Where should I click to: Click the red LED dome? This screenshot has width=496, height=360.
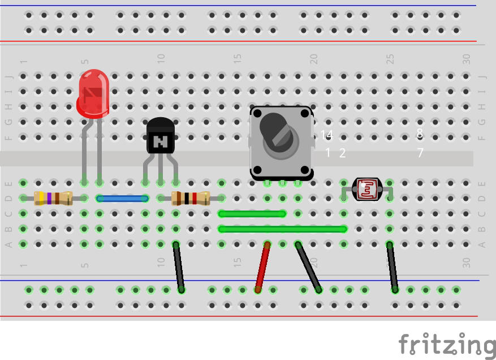(x=93, y=91)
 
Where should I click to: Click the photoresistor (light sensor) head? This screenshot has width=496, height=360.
(x=367, y=190)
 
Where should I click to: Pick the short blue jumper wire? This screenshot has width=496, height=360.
(x=122, y=199)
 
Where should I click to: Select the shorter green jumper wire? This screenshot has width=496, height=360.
(x=252, y=214)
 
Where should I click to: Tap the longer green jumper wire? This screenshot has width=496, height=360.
(x=282, y=229)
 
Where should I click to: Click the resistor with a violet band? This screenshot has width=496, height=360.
(x=53, y=198)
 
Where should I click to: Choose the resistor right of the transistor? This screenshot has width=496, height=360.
(x=191, y=198)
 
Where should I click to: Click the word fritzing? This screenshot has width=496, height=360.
(x=446, y=344)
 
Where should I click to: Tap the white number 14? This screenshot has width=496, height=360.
(x=327, y=135)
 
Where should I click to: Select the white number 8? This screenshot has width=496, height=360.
(x=420, y=134)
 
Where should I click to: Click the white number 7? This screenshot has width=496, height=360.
(x=420, y=153)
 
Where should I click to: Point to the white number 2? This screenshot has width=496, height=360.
(x=342, y=153)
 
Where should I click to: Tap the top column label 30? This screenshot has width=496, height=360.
(x=466, y=58)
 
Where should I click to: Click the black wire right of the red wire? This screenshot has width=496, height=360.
(x=308, y=266)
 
